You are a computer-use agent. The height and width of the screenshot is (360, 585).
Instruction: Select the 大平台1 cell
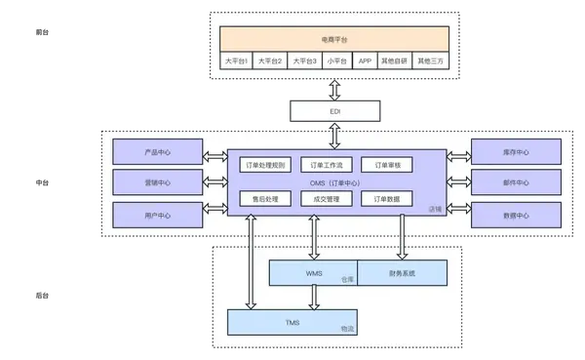[x=236, y=60]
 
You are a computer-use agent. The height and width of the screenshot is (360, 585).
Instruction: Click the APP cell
[x=366, y=60]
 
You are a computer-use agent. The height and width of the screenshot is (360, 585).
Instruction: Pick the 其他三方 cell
[x=431, y=60]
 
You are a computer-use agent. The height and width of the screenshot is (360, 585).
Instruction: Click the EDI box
[x=334, y=111]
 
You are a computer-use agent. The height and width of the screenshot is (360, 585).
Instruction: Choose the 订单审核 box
[x=387, y=164]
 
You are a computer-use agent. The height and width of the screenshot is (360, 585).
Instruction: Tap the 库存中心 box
[x=515, y=151]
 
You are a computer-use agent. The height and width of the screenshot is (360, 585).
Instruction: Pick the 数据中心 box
[x=515, y=215]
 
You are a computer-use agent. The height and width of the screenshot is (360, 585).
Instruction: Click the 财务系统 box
[x=402, y=273]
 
